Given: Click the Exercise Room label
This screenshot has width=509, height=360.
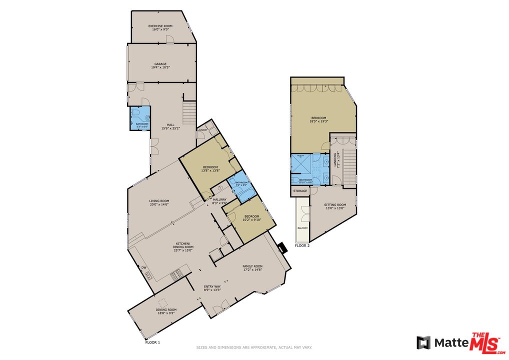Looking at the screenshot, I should (x=160, y=27).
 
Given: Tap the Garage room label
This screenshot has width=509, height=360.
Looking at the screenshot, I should (x=160, y=65).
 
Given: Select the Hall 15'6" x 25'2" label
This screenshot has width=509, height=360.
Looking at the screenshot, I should (x=170, y=126).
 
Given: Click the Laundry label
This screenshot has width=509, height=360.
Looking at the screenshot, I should (x=202, y=130).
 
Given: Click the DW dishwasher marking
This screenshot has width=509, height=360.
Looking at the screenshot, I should (x=144, y=268).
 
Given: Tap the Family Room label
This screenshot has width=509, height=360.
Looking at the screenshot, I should (x=252, y=268).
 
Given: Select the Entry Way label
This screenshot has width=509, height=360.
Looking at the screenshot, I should (x=212, y=288).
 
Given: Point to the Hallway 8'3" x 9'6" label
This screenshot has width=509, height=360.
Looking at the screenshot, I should (x=219, y=201).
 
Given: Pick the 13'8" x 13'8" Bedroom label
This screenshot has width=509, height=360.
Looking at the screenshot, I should (x=210, y=168).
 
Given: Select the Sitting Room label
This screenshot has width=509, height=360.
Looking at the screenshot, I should (x=335, y=206).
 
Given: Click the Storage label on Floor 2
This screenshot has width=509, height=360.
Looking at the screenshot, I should (x=300, y=191).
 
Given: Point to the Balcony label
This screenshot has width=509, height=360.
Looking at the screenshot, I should (x=302, y=228).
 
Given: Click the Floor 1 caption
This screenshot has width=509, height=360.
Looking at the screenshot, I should (x=152, y=342).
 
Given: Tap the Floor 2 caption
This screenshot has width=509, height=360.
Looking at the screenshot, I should (x=302, y=245).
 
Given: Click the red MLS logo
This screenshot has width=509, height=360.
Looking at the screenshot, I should (x=485, y=343).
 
